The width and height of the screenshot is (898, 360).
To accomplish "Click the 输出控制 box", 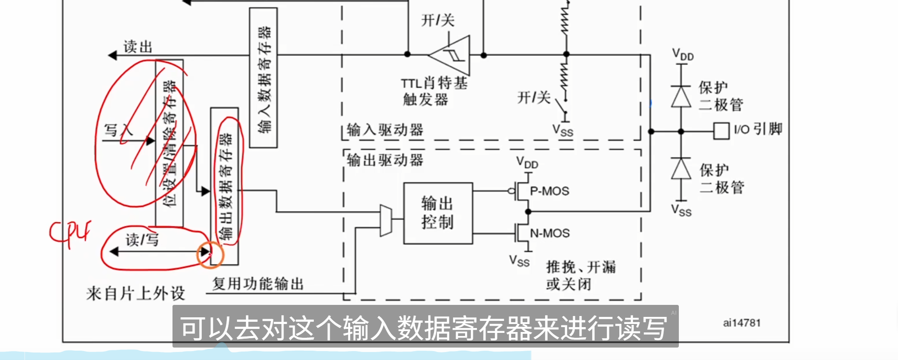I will click(x=437, y=213).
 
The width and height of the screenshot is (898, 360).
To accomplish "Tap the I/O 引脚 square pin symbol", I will click(x=721, y=131).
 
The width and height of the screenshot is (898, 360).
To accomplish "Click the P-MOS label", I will click(x=549, y=191).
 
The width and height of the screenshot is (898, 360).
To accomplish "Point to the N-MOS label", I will click(x=550, y=233).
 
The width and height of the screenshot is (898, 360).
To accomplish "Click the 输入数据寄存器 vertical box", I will click(x=264, y=78).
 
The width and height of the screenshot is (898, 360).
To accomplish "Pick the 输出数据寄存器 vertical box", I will click(x=224, y=186).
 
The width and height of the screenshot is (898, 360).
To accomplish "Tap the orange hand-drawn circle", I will click(x=210, y=255).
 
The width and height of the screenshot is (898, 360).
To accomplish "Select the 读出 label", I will click(x=138, y=47).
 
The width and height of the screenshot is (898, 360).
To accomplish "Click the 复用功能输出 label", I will click(x=258, y=284).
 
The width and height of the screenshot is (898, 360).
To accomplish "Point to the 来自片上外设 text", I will click(x=136, y=293).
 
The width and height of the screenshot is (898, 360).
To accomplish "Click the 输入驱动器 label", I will click(x=385, y=130).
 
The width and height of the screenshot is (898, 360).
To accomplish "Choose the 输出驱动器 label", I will click(x=385, y=160).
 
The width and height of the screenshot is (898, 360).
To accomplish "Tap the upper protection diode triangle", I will click(x=681, y=96).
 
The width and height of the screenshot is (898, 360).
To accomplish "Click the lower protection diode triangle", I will click(x=681, y=168).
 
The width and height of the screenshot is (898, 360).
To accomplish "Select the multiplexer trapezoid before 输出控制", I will click(x=386, y=220).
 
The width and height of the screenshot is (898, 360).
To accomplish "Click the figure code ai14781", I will click(x=742, y=323).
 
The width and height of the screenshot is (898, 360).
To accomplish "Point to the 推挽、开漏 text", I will click(x=581, y=267).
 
